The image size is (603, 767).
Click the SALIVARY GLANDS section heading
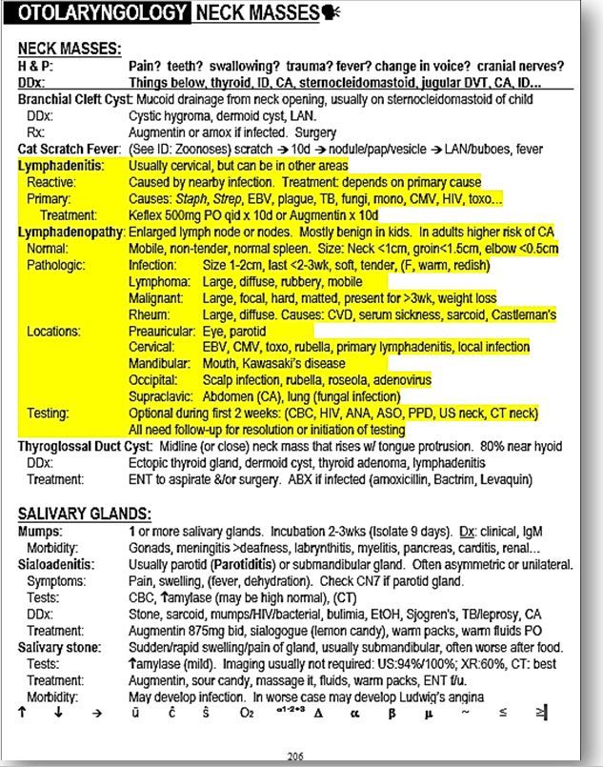(76, 512)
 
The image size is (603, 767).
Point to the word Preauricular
(162, 331)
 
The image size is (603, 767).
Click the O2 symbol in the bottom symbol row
(247, 711)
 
